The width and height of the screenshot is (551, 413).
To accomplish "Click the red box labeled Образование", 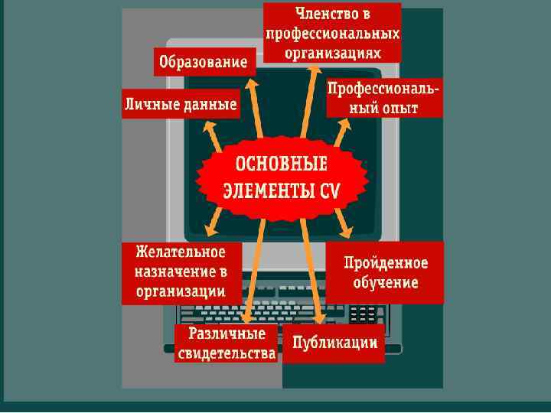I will point(204,61).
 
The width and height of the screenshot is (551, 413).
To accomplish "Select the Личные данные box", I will point(181,104).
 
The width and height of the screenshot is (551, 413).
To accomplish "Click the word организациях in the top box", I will point(332,52).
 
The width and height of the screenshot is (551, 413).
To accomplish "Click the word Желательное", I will point(181,252).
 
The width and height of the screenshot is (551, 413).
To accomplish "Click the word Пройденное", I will point(386,263).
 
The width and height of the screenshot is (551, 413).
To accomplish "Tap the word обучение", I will point(386,282).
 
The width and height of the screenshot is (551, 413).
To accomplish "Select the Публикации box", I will point(334,342).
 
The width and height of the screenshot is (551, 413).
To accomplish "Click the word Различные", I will point(227,334).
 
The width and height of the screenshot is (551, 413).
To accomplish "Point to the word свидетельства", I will point(227,353).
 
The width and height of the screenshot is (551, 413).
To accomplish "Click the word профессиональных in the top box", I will point(332,34).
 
